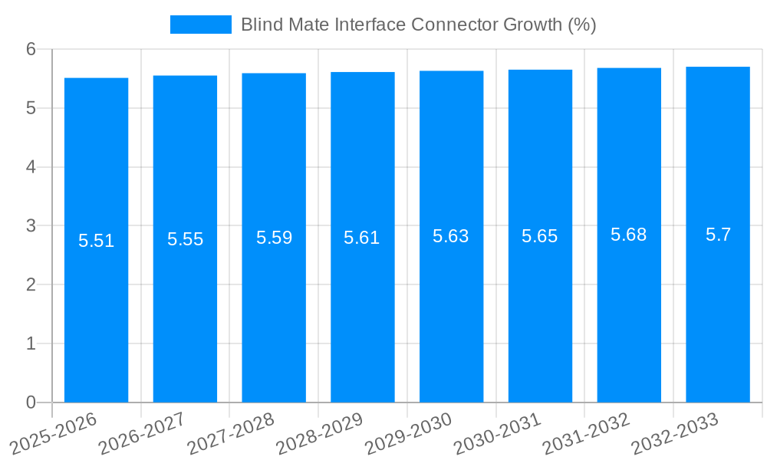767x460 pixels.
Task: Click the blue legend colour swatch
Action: [x=200, y=25]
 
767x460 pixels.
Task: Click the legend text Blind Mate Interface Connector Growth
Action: [x=418, y=25]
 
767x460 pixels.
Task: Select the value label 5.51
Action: [x=96, y=241]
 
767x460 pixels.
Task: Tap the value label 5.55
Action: [x=185, y=239]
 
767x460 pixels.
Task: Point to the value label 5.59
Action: [x=274, y=238]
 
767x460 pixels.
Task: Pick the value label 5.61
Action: [x=362, y=238]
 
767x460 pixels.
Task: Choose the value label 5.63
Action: [x=451, y=236]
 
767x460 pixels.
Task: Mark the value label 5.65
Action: [x=540, y=236]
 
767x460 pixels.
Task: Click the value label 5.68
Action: [x=629, y=235]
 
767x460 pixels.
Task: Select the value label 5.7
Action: [x=718, y=235]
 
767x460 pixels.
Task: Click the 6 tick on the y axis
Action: [x=31, y=49]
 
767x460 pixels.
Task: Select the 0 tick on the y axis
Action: [x=31, y=402]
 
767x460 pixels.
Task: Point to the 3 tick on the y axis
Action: [x=31, y=226]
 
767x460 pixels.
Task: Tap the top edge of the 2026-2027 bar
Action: [x=185, y=76]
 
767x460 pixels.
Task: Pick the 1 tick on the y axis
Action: [x=31, y=343]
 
